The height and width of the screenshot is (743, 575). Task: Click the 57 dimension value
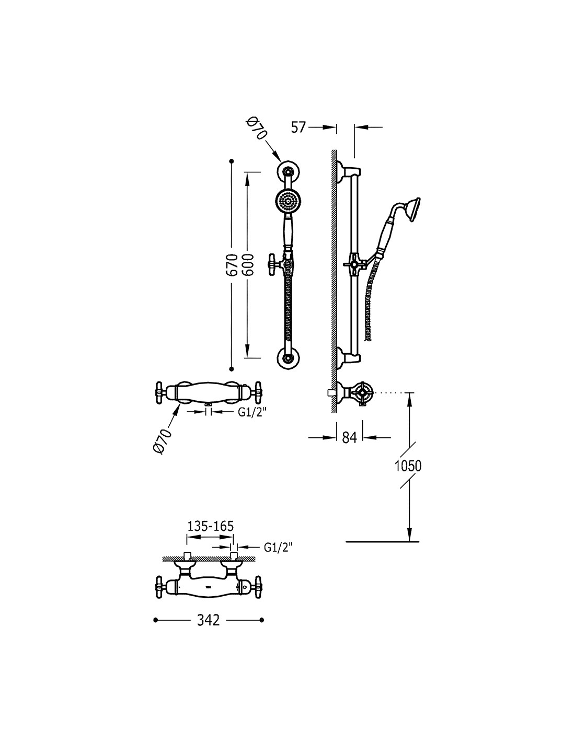[x=298, y=127]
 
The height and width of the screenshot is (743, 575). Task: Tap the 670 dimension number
[x=232, y=265]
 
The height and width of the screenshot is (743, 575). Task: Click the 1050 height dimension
[x=408, y=466]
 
